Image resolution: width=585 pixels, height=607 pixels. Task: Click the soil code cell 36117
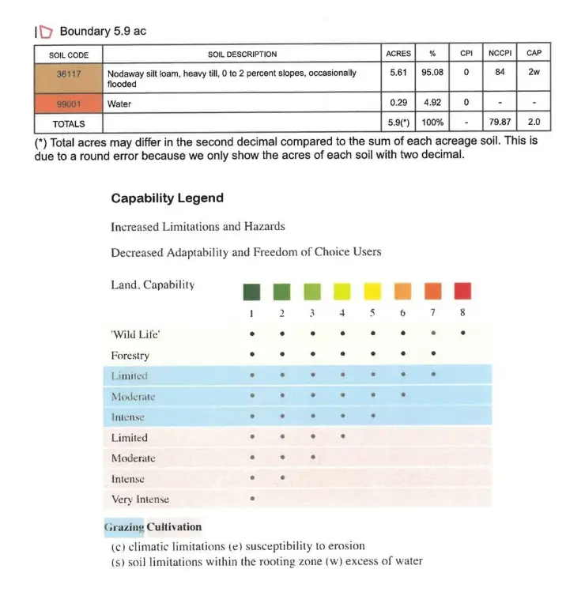68,73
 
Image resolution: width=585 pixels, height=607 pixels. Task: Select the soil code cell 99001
68,104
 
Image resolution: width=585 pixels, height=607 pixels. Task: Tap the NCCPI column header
500,54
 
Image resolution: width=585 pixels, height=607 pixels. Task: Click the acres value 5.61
398,73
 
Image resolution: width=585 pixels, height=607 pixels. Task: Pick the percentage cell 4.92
432,104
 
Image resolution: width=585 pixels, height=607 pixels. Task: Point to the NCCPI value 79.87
500,123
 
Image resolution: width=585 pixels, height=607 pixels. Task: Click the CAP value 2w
534,73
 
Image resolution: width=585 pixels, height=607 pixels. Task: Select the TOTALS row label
68,123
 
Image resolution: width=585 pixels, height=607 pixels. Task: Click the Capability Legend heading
167,198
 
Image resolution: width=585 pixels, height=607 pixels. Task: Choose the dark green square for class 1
251,292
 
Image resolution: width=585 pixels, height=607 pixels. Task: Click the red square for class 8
462,292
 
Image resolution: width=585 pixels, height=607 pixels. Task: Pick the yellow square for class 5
372,292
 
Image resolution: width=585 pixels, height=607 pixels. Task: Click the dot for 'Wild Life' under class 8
462,334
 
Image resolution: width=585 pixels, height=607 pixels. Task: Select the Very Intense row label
140,500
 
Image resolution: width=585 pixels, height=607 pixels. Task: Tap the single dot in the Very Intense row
251,499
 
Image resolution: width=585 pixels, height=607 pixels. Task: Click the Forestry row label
130,356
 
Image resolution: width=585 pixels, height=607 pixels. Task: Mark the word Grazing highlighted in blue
124,527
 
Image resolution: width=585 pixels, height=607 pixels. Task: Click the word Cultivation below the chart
174,527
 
